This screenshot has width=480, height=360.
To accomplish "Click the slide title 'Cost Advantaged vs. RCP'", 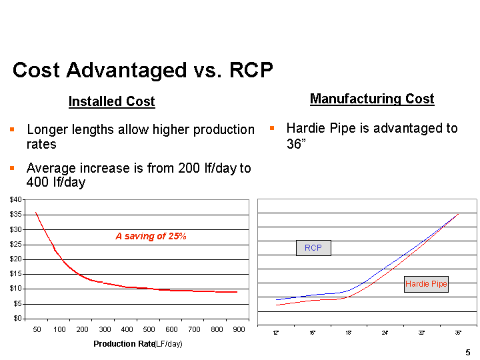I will [x=143, y=70].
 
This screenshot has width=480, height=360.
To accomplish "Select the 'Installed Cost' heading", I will [x=111, y=101].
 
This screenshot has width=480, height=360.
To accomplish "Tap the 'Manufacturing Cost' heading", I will [x=372, y=99].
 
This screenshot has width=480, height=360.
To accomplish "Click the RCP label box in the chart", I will [x=313, y=248].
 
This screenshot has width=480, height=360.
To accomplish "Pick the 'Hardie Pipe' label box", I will [x=427, y=285].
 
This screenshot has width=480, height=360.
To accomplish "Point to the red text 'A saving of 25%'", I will [x=151, y=236].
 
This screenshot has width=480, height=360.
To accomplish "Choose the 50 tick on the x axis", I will [x=37, y=329].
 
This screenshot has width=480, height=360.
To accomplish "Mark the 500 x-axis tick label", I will [x=149, y=329].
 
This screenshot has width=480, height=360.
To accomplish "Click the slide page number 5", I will [x=468, y=352].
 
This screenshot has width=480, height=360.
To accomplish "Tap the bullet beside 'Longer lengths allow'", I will [x=12, y=129].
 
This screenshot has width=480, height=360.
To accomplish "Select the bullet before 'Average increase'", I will [x=12, y=168].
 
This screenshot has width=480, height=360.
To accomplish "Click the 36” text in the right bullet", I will [x=295, y=143].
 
